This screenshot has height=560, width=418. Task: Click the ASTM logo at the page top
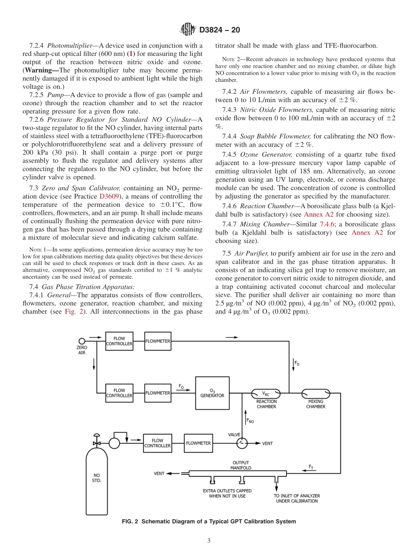coord(188,30)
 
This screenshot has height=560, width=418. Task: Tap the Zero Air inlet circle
coord(82,341)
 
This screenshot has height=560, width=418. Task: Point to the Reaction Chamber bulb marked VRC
coord(266,393)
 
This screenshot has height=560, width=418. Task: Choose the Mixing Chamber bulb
coord(315,393)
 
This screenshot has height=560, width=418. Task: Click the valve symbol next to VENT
coord(242,443)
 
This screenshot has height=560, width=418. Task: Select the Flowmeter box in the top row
coord(158,341)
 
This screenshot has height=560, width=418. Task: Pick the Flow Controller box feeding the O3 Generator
coord(119,393)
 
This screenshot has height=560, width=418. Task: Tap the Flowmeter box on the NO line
coord(198,443)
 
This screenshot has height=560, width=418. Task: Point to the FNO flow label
coord(249,421)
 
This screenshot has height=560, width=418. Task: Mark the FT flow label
coord(311,466)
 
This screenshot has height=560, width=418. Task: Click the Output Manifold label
coord(241,465)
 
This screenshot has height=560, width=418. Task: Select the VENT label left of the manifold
coord(159,474)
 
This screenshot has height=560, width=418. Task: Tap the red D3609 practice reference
coord(109,196)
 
